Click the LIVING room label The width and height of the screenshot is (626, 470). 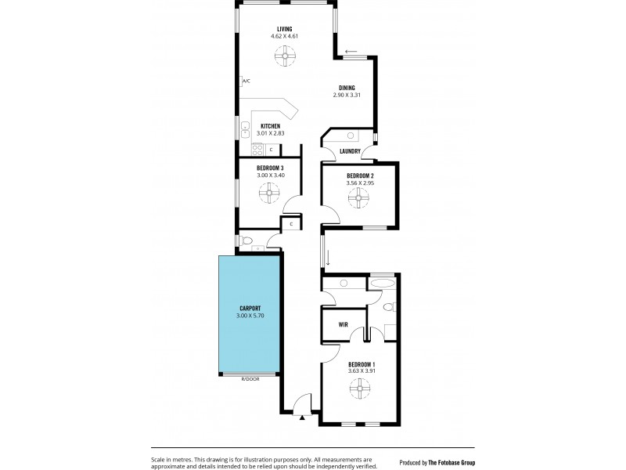click(x=284, y=29)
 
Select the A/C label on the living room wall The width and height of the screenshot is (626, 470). click(x=246, y=81)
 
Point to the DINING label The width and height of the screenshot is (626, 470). click(x=347, y=88)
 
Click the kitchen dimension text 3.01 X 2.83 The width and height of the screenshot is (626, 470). click(x=271, y=133)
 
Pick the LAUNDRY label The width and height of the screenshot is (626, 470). click(x=350, y=151)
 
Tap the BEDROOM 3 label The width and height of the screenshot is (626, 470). click(x=270, y=168)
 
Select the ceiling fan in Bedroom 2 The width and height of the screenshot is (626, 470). click(x=360, y=199)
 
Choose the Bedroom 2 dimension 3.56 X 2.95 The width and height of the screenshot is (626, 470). click(x=360, y=183)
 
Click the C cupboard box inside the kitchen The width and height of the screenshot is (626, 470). click(x=271, y=149)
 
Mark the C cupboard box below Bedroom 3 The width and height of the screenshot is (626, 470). click(x=291, y=224)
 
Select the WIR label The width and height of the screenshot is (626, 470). click(x=343, y=324)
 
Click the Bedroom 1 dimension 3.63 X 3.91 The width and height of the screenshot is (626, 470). click(x=362, y=371)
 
